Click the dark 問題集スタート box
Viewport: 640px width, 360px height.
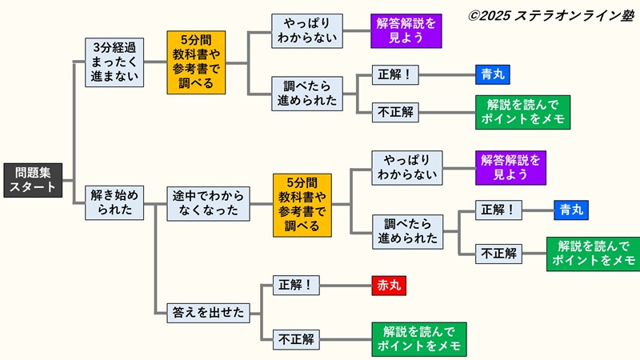33,180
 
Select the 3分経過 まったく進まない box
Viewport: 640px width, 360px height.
114,62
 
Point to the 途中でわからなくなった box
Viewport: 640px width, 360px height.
208,203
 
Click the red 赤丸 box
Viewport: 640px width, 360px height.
389,286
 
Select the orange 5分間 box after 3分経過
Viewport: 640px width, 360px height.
196,62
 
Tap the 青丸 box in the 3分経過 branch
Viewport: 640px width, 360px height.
491,75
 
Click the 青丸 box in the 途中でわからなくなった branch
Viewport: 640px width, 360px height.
570,210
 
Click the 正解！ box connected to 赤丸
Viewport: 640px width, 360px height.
296,286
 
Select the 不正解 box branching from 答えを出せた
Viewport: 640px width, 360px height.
296,339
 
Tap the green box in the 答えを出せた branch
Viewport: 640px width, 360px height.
418,339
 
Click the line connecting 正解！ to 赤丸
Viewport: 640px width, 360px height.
346,286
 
